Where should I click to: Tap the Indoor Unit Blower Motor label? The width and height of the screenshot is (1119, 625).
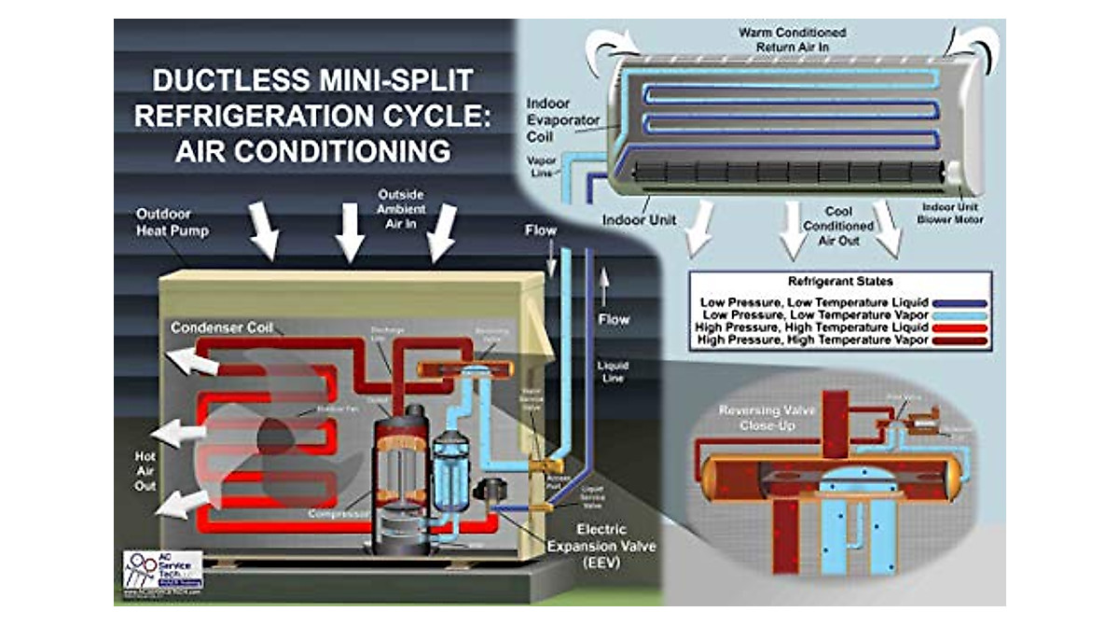(947, 213)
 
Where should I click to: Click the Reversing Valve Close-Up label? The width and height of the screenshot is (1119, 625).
(761, 418)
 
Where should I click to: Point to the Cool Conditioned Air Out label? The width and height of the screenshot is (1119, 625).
(838, 226)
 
